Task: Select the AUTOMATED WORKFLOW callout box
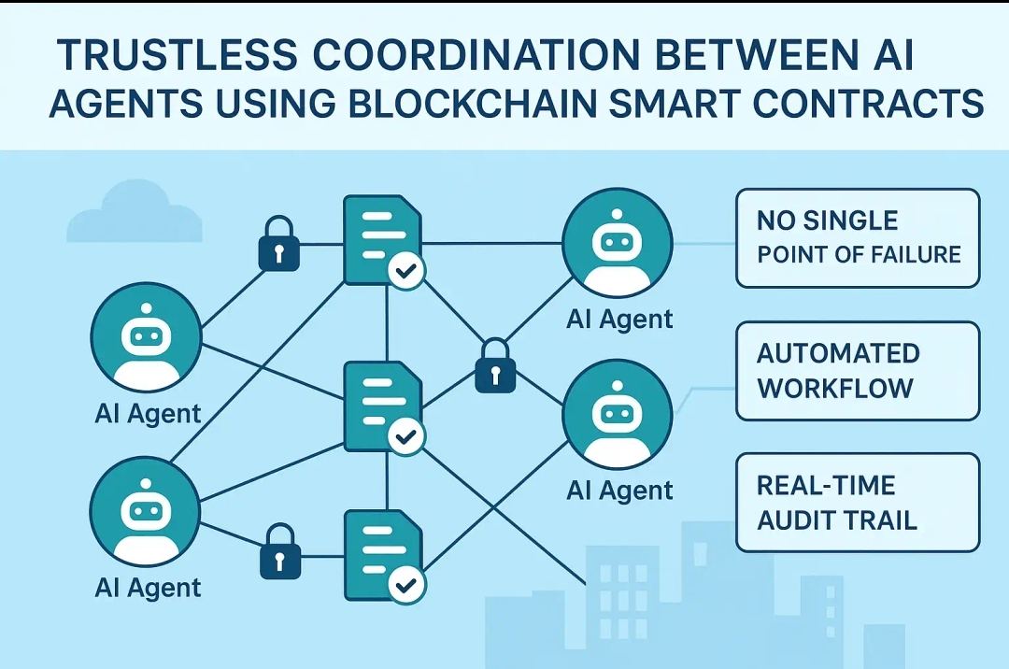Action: point(857,371)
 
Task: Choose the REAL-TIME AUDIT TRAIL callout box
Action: point(857,503)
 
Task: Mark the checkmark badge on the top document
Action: point(406,271)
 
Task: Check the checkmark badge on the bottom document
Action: point(406,585)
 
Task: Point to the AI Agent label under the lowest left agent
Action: point(148,588)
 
